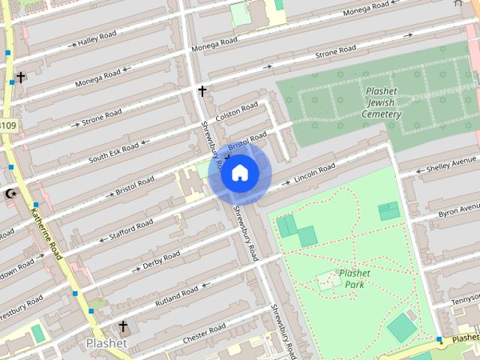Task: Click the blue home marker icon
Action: (239, 173)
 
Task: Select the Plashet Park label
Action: (355, 280)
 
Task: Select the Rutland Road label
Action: (177, 293)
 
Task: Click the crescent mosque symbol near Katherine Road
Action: (10, 193)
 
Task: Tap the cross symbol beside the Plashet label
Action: (124, 327)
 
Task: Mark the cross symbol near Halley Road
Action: (20, 76)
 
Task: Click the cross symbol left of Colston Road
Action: (202, 91)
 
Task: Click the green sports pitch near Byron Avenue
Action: (388, 211)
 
